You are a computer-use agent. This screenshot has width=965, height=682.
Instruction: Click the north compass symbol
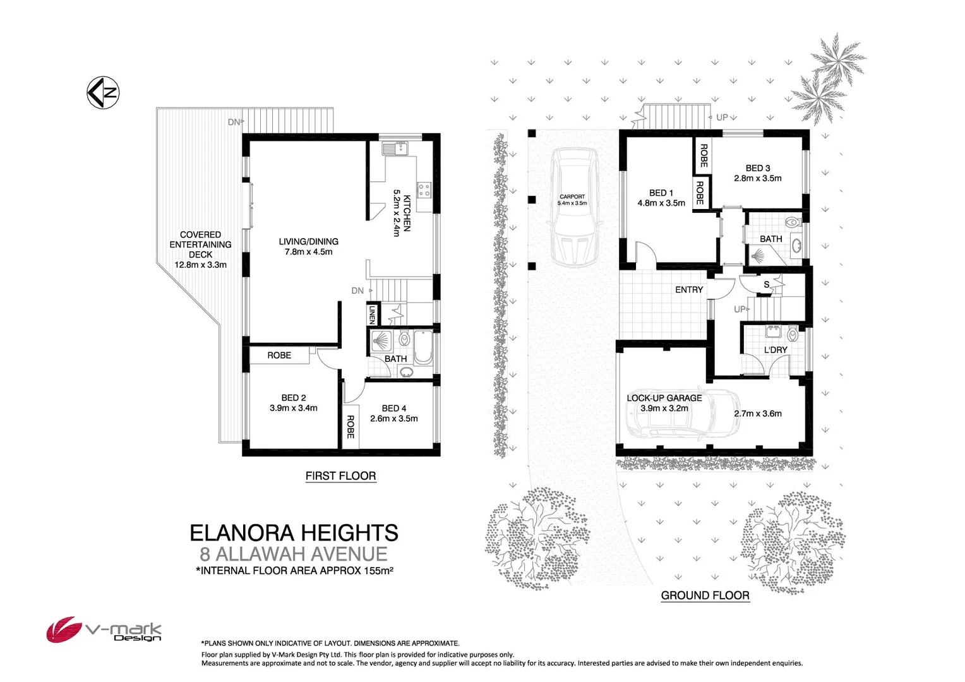[x=103, y=93]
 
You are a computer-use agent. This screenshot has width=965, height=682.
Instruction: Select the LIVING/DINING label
[x=308, y=241]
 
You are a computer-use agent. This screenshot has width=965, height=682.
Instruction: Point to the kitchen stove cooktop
[x=424, y=188]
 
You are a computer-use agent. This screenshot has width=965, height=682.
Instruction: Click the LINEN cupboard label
[x=373, y=314]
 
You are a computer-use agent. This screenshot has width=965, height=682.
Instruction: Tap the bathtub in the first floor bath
[x=423, y=347]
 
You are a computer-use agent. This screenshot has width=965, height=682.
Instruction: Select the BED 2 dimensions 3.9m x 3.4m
[x=293, y=408]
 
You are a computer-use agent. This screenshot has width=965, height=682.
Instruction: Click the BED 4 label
[x=394, y=408]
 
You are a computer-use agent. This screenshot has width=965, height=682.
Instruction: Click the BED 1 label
[x=661, y=193]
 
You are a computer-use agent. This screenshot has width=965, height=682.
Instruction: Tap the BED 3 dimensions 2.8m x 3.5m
[x=757, y=178]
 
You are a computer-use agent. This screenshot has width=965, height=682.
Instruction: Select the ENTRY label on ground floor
[x=688, y=289]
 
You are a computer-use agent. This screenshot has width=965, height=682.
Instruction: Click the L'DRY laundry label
[x=776, y=349]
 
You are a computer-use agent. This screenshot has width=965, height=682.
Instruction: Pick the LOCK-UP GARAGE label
[x=664, y=398]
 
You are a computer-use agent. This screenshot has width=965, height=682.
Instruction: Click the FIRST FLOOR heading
[x=340, y=476]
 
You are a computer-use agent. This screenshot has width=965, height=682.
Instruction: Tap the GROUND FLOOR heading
[x=705, y=595]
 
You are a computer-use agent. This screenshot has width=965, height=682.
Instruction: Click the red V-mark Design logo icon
[x=63, y=629]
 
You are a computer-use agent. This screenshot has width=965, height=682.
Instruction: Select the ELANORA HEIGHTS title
[x=294, y=533]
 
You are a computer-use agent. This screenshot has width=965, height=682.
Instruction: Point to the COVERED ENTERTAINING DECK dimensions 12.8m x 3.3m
[x=200, y=265]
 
